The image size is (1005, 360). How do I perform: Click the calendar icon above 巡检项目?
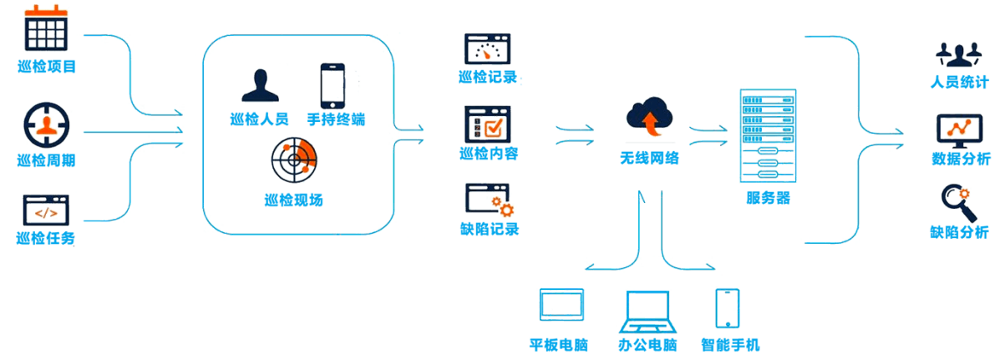45,29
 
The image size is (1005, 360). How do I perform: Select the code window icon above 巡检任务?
45,210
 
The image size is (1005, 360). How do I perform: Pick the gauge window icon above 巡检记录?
488,49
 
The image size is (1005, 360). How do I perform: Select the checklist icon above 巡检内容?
488,124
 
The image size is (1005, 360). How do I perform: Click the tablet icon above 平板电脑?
560,307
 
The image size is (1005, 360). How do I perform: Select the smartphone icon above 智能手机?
728,309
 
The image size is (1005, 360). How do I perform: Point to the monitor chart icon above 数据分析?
960,129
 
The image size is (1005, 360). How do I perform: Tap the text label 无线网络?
649,156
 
